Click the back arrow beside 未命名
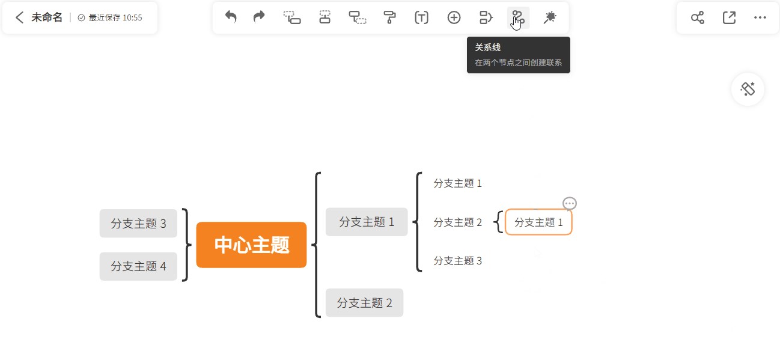(x=19, y=17)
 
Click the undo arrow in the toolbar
(x=231, y=17)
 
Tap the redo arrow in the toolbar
(x=259, y=17)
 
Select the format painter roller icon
(x=389, y=17)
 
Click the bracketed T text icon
(x=421, y=17)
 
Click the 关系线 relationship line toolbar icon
(x=518, y=17)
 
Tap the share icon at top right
(x=698, y=17)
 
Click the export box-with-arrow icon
(x=729, y=17)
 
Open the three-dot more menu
(x=760, y=17)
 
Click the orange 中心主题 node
(x=251, y=245)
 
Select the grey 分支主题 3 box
(x=138, y=223)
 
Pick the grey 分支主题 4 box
(x=138, y=266)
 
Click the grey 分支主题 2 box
(x=364, y=302)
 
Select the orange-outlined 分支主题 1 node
(x=538, y=222)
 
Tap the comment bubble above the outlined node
(x=570, y=203)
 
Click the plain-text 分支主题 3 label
(x=457, y=261)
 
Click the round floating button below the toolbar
(x=748, y=89)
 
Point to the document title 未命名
(x=47, y=17)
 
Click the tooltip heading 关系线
(x=487, y=47)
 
